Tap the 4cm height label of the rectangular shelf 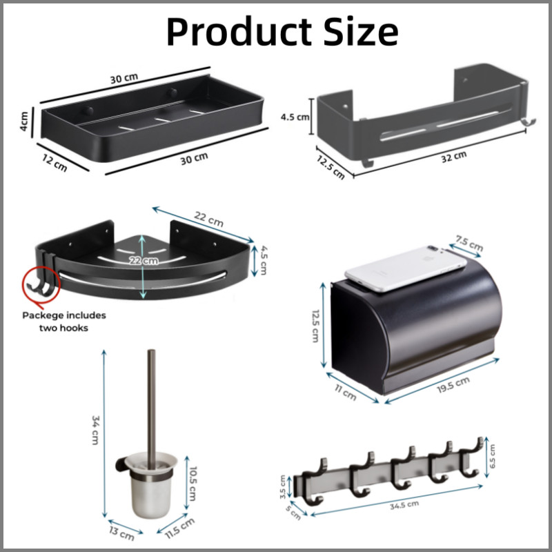(x=24, y=121)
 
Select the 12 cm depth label (x=55, y=164)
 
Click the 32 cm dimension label (x=454, y=157)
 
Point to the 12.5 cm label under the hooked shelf (x=331, y=167)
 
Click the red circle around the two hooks (x=41, y=284)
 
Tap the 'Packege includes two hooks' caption (x=64, y=322)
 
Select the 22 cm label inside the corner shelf (x=144, y=261)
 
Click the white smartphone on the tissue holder (x=406, y=268)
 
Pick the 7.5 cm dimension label (x=469, y=243)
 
